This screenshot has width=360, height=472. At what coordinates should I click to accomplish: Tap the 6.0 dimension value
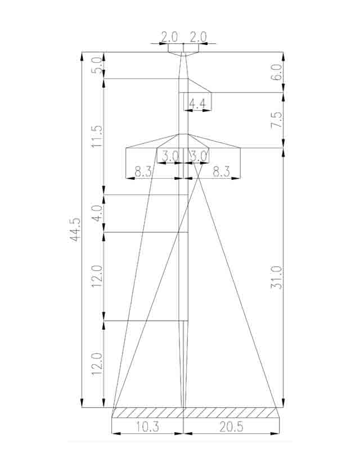(x=277, y=72)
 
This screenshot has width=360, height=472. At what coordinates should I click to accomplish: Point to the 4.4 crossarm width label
(x=197, y=104)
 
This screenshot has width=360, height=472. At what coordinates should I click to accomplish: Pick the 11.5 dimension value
(x=97, y=137)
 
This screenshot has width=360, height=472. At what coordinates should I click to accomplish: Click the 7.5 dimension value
(x=277, y=120)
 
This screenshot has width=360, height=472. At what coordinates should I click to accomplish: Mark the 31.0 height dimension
(x=277, y=278)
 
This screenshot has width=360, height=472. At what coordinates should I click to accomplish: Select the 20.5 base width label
(x=231, y=427)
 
